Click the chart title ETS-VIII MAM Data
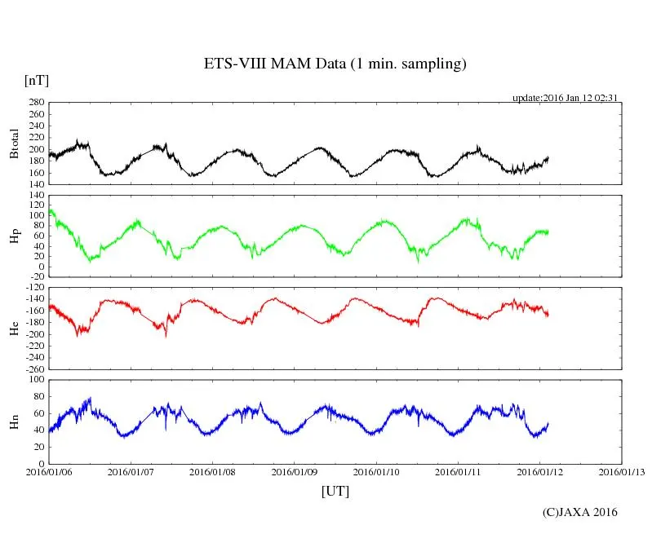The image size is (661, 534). (335, 64)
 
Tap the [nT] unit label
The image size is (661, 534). (36, 81)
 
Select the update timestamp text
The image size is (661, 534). (564, 98)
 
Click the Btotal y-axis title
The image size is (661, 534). (14, 144)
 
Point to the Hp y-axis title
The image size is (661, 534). (14, 236)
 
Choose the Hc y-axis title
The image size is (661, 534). (14, 328)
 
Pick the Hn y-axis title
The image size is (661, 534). (14, 421)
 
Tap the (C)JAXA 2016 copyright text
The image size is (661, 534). (580, 512)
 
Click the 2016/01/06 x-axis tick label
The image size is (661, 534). (48, 472)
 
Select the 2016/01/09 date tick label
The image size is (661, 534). (295, 472)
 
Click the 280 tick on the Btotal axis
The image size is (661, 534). (35, 103)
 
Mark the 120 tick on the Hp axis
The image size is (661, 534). (35, 196)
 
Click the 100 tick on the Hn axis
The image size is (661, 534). (35, 380)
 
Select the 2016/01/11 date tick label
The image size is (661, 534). (459, 472)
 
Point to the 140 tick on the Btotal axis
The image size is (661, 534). (35, 184)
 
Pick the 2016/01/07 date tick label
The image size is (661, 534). (131, 472)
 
